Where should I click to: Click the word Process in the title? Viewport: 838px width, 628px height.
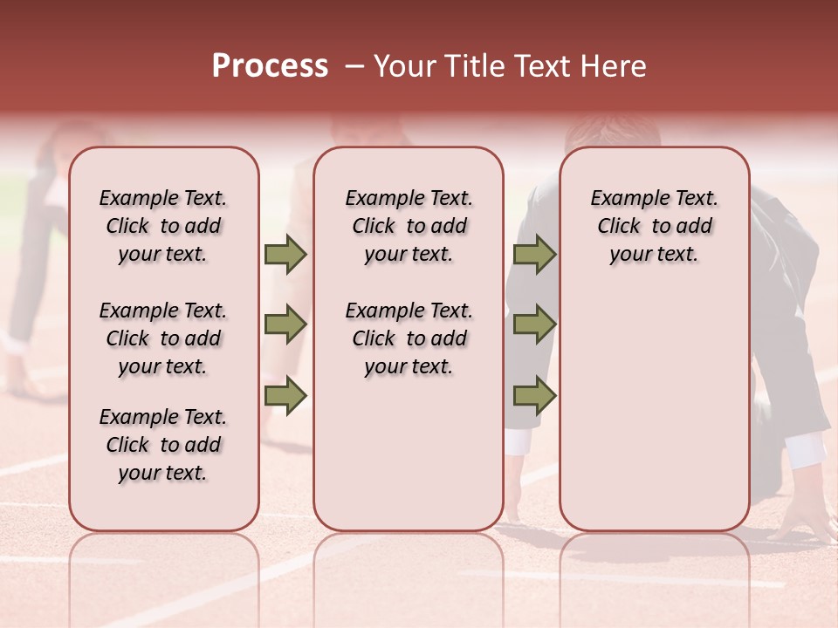click(x=270, y=66)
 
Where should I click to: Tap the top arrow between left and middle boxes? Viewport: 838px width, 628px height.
click(x=285, y=255)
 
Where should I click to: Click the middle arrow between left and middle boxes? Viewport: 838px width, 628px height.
click(x=285, y=325)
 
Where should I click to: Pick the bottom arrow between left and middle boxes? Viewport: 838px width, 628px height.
click(x=285, y=395)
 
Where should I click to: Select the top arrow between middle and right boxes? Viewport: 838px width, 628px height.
click(x=534, y=255)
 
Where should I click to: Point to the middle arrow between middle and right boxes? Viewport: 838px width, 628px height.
click(x=534, y=325)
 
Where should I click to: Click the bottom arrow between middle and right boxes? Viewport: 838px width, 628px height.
click(x=534, y=395)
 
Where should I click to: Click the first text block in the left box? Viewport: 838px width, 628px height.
click(x=163, y=226)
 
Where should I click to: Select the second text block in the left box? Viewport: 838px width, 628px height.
click(x=163, y=338)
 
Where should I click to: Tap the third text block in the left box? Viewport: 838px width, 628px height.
click(x=163, y=445)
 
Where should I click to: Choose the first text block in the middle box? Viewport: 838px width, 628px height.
click(x=409, y=226)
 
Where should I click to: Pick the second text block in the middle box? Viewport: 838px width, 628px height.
click(x=409, y=338)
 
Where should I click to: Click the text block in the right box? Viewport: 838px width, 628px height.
click(x=654, y=226)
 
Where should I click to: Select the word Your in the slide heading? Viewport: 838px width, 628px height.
click(x=403, y=66)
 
